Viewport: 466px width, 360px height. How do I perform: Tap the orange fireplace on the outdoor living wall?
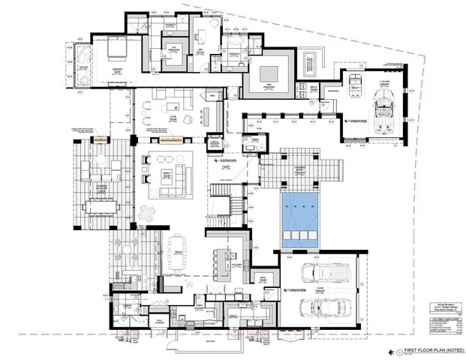[x=98, y=139]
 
